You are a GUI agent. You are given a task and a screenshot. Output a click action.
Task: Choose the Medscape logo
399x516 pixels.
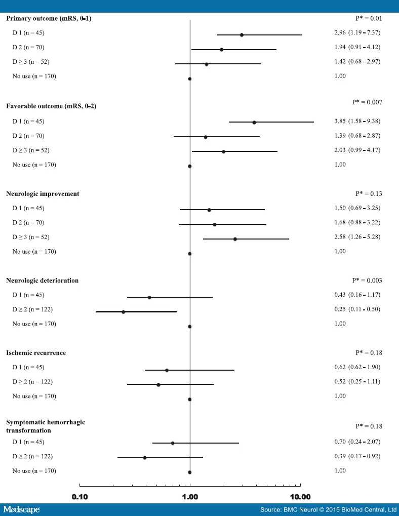[x=21, y=509]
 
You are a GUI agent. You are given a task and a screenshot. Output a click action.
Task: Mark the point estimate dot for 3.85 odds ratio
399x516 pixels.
[x=254, y=122]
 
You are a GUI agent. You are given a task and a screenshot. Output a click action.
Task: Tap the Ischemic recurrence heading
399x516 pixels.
[x=35, y=353]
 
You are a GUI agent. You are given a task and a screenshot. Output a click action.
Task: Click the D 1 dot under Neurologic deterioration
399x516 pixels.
[x=149, y=297]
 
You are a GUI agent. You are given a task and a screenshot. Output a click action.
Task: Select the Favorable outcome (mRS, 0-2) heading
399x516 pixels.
[x=51, y=106]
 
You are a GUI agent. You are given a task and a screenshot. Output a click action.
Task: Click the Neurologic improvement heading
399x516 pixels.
[x=43, y=194]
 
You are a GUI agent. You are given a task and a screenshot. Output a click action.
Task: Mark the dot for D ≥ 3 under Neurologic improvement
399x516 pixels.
[x=235, y=239]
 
